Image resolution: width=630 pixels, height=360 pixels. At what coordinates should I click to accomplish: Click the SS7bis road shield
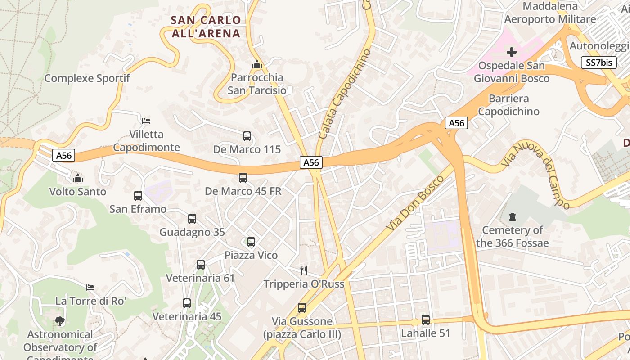(599, 63)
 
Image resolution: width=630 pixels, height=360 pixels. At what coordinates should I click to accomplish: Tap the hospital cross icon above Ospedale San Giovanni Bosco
(511, 52)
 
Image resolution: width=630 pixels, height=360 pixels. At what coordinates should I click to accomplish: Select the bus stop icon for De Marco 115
(247, 136)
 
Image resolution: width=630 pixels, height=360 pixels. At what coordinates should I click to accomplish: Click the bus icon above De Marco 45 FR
(243, 178)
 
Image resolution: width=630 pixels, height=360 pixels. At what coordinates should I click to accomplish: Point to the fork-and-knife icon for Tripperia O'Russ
(304, 270)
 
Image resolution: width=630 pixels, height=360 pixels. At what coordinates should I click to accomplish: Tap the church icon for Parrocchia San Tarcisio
(257, 64)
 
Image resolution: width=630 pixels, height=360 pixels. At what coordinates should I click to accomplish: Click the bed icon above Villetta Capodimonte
(146, 121)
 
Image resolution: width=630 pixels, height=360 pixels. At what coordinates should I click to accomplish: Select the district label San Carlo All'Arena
(206, 27)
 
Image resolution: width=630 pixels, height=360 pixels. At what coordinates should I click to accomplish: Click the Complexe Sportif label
(87, 78)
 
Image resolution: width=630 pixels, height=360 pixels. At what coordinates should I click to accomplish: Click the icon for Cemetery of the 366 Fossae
(512, 217)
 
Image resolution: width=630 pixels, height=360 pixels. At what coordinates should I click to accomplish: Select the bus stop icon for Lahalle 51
(426, 320)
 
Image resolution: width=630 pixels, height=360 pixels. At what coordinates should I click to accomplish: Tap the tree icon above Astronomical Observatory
(59, 321)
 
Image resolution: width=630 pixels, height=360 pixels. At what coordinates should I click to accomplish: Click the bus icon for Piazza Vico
(251, 242)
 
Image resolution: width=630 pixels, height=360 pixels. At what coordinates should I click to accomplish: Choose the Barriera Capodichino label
(508, 105)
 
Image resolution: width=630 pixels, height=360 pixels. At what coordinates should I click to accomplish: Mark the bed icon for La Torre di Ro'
(90, 287)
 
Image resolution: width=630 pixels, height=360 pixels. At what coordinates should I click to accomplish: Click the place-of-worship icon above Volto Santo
(78, 178)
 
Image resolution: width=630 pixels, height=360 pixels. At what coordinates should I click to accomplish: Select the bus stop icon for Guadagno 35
(192, 219)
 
